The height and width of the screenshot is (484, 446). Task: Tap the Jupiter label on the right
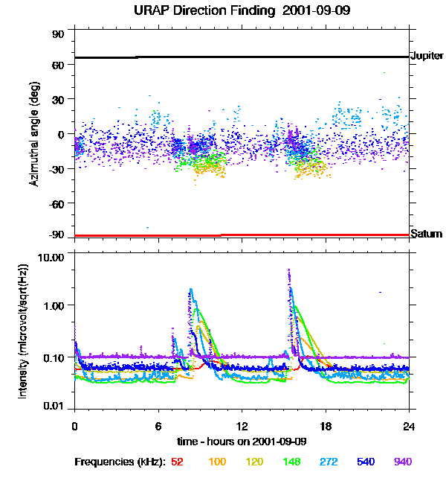click(426, 57)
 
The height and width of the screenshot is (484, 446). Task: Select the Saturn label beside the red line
click(426, 235)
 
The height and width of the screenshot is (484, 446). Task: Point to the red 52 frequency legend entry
click(177, 462)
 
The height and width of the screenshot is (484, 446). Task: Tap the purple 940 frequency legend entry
click(402, 462)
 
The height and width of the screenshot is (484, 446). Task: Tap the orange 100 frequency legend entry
click(218, 462)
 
